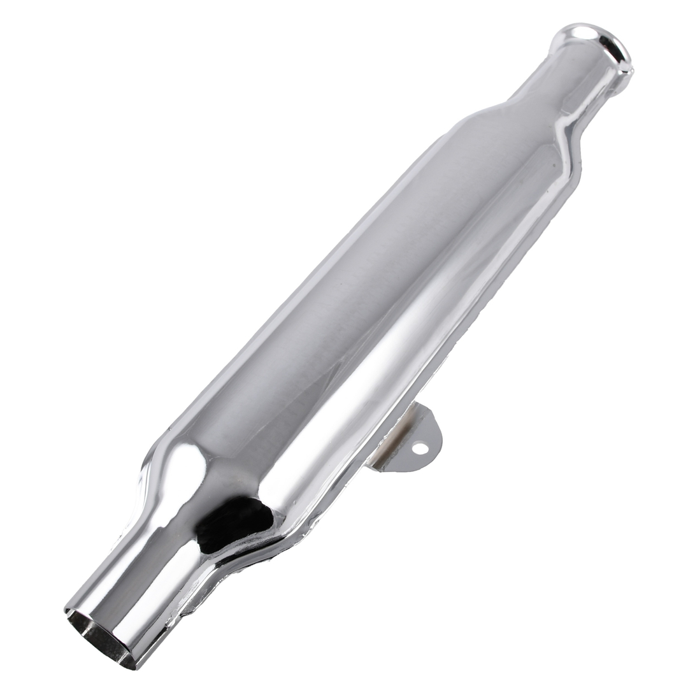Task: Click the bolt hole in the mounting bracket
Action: click(x=420, y=448)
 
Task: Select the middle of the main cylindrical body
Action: click(x=357, y=299)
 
